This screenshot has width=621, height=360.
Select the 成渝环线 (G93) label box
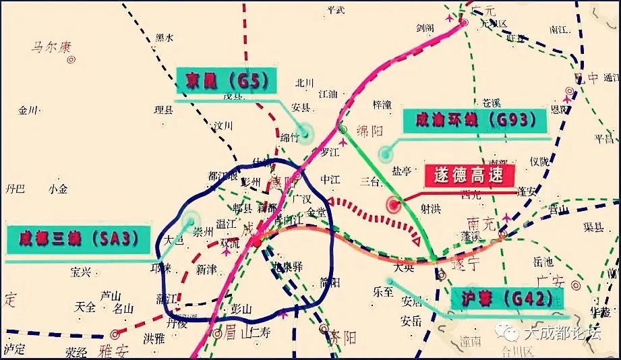471,121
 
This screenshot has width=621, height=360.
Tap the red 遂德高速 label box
470,177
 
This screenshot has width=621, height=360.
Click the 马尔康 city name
50,47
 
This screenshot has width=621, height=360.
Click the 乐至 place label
382,292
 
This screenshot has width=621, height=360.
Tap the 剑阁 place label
425,28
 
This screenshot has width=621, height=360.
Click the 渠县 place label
594,227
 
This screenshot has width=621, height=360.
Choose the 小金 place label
58,189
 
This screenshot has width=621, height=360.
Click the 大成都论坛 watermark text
557,332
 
